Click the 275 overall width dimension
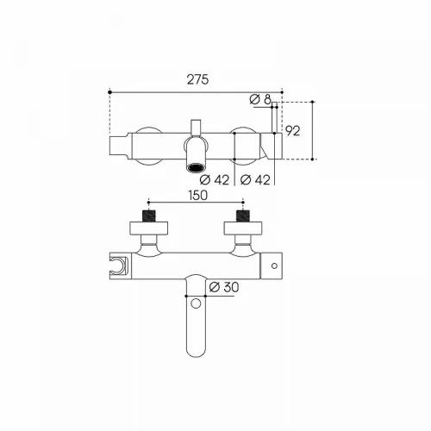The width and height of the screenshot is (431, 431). pyautogui.click(x=197, y=79)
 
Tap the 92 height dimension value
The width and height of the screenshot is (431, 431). pyautogui.click(x=293, y=131)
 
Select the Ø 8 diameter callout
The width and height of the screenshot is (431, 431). pyautogui.click(x=260, y=99)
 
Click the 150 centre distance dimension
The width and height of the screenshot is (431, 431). pyautogui.click(x=198, y=196)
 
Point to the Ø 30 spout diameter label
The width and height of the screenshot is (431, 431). pyautogui.click(x=224, y=287)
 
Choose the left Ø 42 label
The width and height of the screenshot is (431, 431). pyautogui.click(x=215, y=180)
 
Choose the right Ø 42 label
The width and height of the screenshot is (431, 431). pyautogui.click(x=255, y=180)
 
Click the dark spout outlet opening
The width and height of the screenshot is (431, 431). pyautogui.click(x=196, y=167)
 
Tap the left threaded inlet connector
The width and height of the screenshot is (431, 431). pyautogui.click(x=149, y=216)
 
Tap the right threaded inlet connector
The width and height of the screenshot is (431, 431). pyautogui.click(x=243, y=216)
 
